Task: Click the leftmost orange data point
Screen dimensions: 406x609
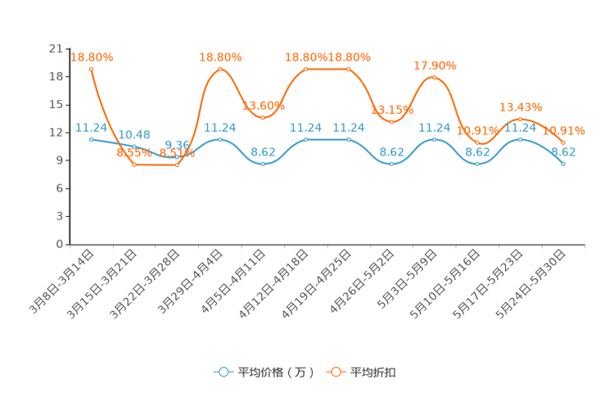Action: (x=91, y=68)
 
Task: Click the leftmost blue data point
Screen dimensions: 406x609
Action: (x=91, y=139)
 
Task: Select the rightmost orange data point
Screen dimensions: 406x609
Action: (x=563, y=142)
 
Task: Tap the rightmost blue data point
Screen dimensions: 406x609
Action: (x=563, y=164)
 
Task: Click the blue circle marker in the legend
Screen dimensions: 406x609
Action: (x=222, y=372)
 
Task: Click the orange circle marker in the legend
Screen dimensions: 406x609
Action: (x=336, y=372)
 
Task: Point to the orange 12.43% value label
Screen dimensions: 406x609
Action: (x=521, y=107)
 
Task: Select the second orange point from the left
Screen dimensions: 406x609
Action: (x=134, y=165)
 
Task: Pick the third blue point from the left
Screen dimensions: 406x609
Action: (x=177, y=156)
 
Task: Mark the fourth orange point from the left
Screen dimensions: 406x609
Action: (x=220, y=69)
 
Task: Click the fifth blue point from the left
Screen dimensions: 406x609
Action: (x=263, y=164)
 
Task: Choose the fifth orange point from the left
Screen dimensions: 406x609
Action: (x=263, y=117)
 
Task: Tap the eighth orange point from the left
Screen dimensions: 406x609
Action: (x=391, y=122)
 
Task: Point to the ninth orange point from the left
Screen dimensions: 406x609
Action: (x=434, y=78)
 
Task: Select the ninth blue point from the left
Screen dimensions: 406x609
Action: (x=434, y=139)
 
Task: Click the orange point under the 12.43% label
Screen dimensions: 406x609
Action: (x=521, y=120)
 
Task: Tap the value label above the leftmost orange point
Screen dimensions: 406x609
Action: (x=92, y=56)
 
